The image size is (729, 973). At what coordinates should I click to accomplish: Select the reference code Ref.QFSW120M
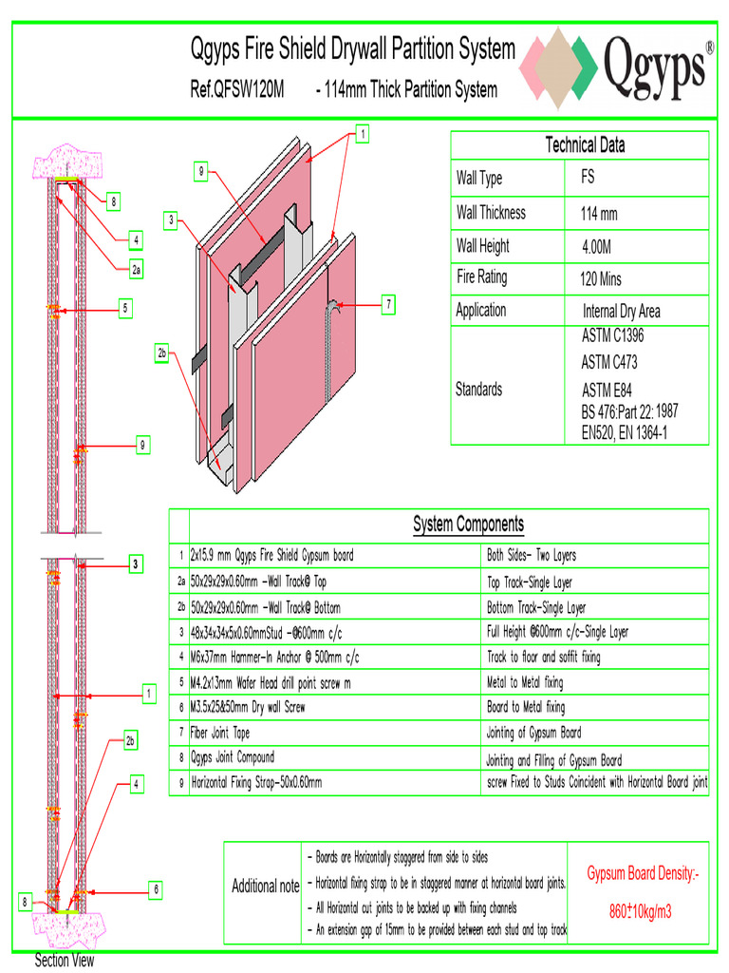tap(237, 90)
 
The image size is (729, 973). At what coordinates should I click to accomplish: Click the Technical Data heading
tap(585, 145)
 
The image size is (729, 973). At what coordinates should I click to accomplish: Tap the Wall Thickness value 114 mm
tap(598, 214)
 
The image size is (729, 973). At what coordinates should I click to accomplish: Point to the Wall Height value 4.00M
tap(596, 247)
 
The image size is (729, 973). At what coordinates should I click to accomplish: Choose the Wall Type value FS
tap(588, 178)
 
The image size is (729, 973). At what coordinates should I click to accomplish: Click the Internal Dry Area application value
tap(621, 312)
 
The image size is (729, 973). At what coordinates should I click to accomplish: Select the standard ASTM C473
tap(608, 362)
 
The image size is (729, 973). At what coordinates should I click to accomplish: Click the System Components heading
tap(468, 525)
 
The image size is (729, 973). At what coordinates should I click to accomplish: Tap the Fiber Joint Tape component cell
tap(226, 733)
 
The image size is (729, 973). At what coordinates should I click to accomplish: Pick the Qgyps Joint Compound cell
tap(233, 757)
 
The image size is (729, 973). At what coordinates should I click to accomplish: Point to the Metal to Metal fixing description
tap(525, 682)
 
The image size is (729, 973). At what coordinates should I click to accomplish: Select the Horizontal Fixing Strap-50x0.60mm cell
tap(256, 783)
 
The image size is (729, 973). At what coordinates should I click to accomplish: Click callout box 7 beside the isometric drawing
tap(388, 305)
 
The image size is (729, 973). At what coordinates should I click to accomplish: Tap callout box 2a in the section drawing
tap(137, 270)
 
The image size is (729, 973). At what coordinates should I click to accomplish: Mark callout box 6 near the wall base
tap(156, 889)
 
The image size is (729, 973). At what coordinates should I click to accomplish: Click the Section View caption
tap(65, 961)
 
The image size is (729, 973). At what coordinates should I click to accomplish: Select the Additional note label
tap(266, 886)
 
